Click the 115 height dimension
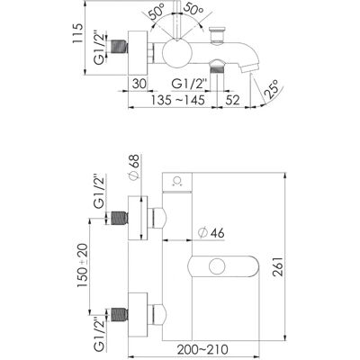click(77, 33)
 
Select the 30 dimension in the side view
click(139, 84)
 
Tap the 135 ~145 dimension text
click(178, 100)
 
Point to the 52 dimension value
click(232, 100)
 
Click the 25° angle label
click(274, 89)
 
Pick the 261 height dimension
click(277, 266)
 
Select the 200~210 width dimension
click(202, 349)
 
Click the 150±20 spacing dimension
click(83, 265)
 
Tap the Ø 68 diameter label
click(134, 167)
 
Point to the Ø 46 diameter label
click(211, 232)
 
